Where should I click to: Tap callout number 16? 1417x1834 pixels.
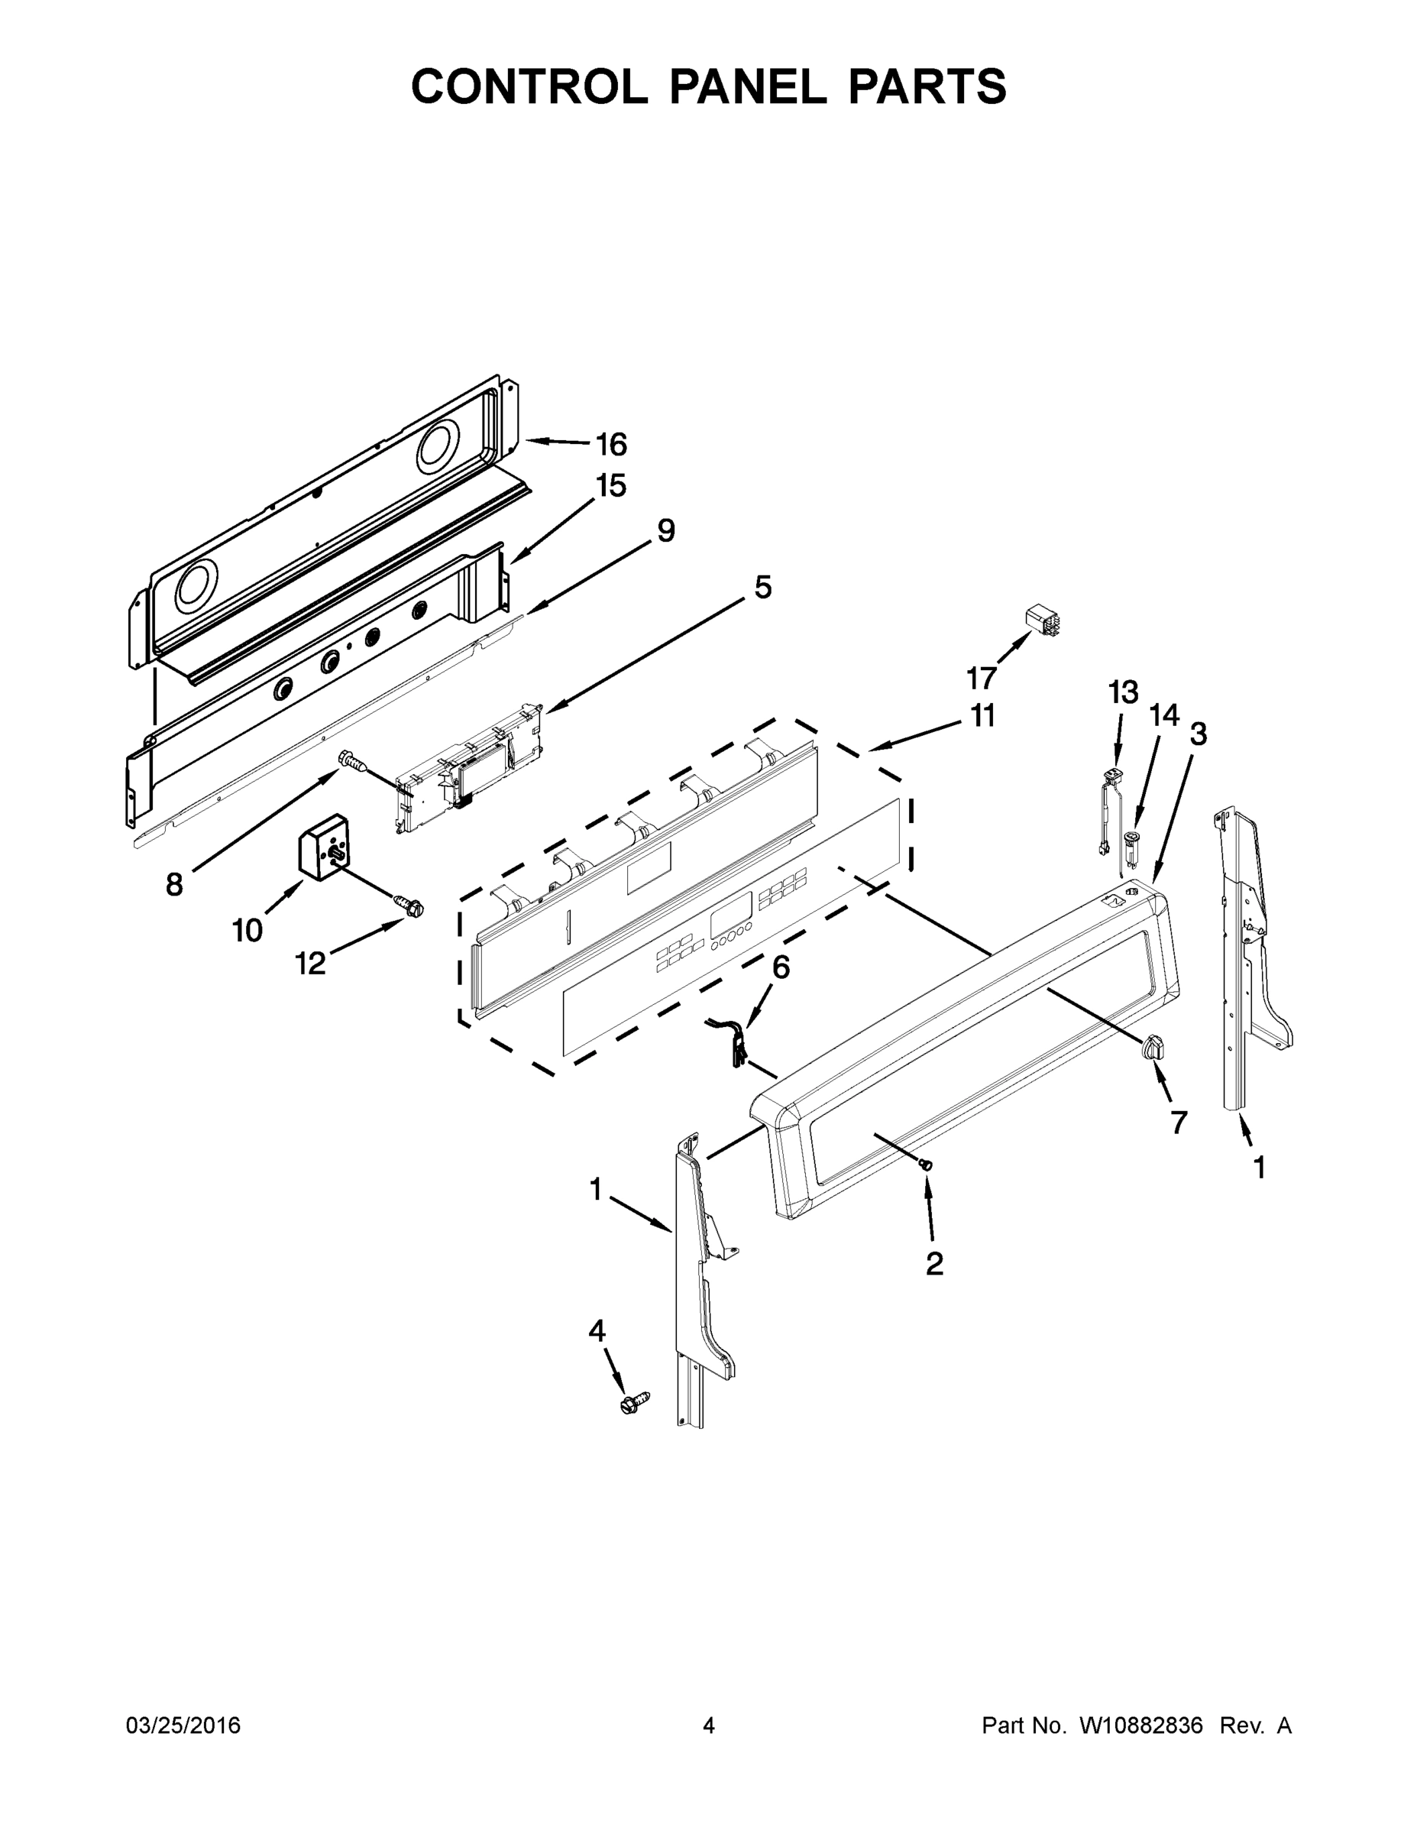tap(611, 444)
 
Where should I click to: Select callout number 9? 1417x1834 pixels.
tap(665, 531)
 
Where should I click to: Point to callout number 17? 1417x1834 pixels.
tap(982, 677)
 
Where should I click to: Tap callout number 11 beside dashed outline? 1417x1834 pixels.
tap(983, 715)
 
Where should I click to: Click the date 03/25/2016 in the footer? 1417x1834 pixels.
tap(183, 1726)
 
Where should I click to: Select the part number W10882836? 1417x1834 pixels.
tap(1140, 1726)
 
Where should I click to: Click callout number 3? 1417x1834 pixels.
tap(1198, 734)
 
